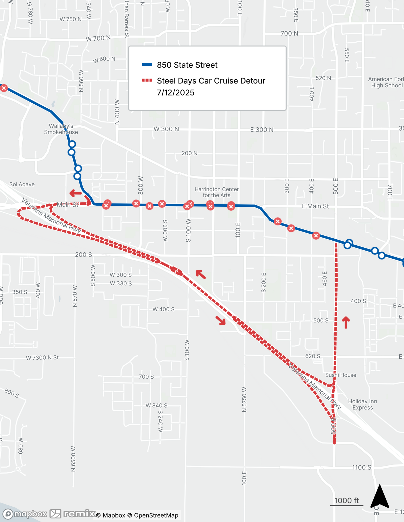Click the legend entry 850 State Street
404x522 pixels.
[x=187, y=65]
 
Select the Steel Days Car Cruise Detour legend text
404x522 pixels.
[x=211, y=81]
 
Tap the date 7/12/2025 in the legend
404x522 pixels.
[x=175, y=93]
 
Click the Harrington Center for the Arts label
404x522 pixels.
[x=216, y=192]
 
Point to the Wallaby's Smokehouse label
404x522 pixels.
[x=61, y=129]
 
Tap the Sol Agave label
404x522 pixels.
[x=22, y=184]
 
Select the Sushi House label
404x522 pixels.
[x=340, y=375]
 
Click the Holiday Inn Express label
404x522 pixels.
[x=362, y=404]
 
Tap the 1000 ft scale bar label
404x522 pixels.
[x=346, y=500]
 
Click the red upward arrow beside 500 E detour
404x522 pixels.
[x=346, y=322]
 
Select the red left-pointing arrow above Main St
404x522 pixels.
[x=76, y=193]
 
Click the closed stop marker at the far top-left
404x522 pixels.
[x=4, y=88]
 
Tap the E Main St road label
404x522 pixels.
[x=315, y=206]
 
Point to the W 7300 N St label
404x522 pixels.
[x=42, y=358]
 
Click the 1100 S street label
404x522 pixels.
[x=361, y=467]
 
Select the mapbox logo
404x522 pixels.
[x=25, y=514]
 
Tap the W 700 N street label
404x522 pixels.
[x=98, y=38]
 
